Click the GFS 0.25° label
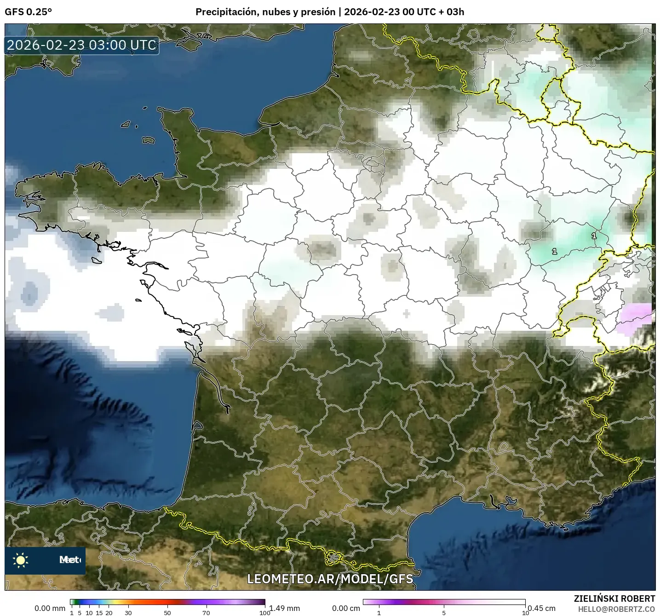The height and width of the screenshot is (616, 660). point(28,12)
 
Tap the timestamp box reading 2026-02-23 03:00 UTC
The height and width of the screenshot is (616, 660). point(82,45)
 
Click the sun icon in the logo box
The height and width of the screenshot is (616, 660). point(21,560)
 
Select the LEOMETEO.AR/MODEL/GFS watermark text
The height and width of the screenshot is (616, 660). point(330,578)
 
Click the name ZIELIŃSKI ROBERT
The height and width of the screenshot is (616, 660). point(614,599)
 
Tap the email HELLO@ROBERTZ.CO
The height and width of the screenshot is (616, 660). point(616,609)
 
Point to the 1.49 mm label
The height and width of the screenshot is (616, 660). point(284,608)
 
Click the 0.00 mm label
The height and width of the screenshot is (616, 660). point(50,608)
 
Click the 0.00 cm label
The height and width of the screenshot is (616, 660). point(346,608)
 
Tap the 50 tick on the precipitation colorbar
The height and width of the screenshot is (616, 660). point(167,612)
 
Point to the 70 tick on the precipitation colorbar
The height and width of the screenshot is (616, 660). point(207,612)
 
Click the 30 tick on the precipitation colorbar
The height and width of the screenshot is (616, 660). point(128,612)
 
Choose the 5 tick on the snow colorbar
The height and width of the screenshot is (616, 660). point(444,612)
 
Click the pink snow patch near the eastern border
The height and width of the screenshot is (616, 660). point(635,318)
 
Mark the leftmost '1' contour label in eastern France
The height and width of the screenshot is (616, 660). point(555,252)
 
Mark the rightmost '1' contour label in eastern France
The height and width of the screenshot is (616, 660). point(594,236)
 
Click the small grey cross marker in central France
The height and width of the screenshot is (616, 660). point(406,314)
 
